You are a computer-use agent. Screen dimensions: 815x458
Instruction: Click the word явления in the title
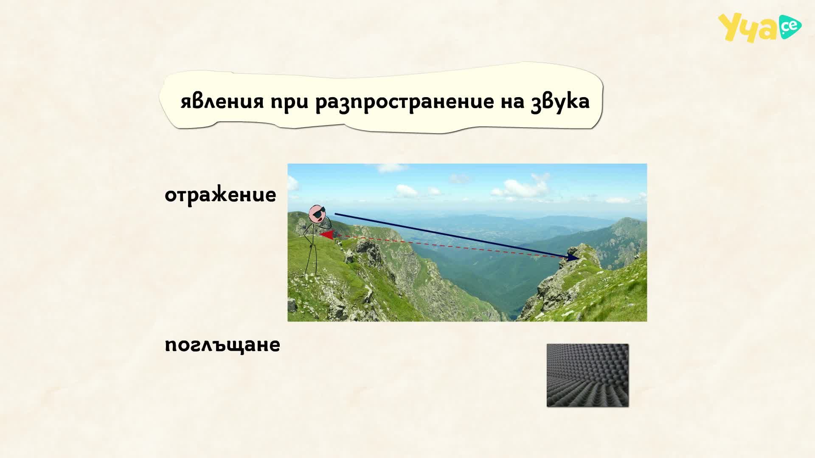(222, 101)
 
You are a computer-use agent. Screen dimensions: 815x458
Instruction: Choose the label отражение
(220, 195)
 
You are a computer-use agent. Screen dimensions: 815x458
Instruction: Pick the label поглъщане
(222, 345)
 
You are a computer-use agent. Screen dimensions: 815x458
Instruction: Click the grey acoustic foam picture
(587, 375)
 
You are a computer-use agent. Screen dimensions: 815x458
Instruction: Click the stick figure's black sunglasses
(319, 212)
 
